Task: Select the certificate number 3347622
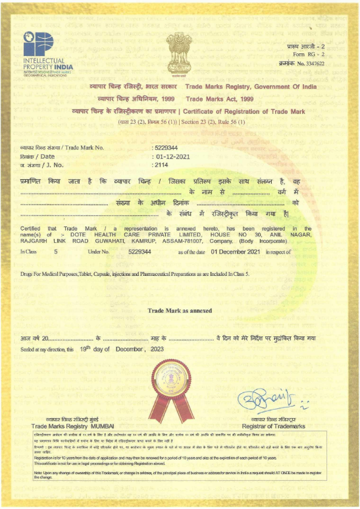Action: pos(312,64)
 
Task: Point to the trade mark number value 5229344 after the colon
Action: pos(166,148)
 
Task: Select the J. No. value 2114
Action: pos(161,165)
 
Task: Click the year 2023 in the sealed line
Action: pos(158,349)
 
